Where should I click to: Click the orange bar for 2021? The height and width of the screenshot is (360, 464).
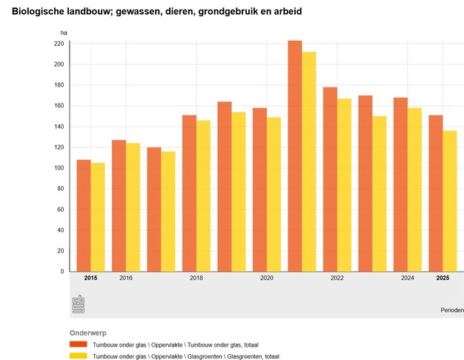(294, 156)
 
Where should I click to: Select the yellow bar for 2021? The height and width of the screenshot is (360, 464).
(308, 161)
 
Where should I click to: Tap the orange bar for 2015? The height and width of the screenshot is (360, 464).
(84, 215)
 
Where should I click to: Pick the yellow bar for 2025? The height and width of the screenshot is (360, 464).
(449, 201)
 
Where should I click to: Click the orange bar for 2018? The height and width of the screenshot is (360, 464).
(189, 193)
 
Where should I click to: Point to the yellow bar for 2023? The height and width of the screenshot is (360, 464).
(380, 193)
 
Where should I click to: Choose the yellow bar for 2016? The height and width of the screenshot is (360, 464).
(133, 207)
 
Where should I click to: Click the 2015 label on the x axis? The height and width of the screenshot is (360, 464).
(90, 278)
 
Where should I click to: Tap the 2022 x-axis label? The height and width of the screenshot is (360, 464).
(337, 278)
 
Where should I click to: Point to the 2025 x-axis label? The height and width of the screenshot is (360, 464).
(443, 278)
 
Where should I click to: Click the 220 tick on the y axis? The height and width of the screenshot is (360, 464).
(59, 44)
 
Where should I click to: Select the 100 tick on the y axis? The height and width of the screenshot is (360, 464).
(59, 168)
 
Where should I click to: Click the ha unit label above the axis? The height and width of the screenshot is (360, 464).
(64, 33)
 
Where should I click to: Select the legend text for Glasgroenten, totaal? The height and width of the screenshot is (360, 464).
(185, 356)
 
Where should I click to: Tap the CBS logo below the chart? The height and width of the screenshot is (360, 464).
(78, 304)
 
